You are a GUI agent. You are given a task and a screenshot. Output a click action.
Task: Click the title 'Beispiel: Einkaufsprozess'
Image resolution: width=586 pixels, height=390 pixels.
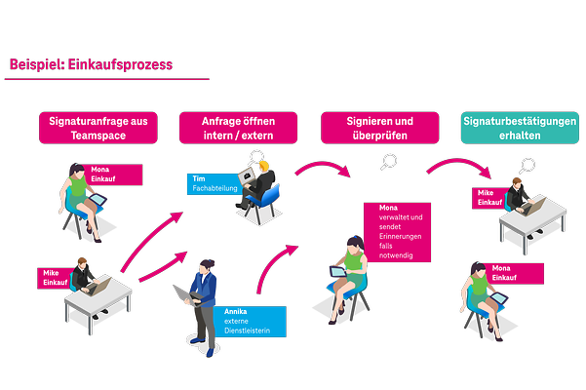(91, 65)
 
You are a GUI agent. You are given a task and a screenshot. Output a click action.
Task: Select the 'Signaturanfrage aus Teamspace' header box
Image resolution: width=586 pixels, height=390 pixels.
(98, 128)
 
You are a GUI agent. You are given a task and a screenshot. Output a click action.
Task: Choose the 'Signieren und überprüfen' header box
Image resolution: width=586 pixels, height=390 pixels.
(379, 128)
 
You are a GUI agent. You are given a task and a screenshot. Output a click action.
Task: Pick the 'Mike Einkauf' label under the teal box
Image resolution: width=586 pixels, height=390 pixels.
(489, 199)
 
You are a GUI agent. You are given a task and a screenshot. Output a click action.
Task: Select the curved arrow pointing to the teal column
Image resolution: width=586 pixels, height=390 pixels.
(457, 168)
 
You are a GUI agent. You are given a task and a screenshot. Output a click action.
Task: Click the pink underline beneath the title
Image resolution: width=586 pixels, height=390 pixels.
(107, 79)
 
